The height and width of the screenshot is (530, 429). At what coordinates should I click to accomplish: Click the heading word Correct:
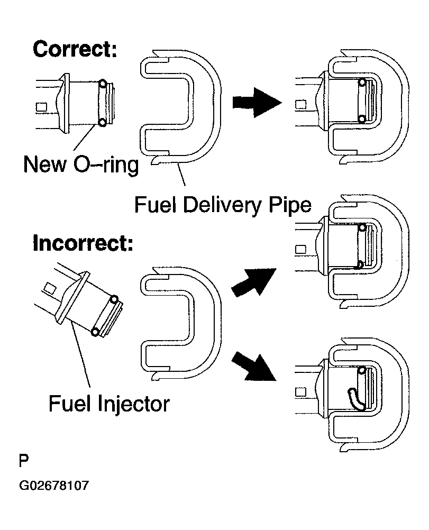tap(75, 49)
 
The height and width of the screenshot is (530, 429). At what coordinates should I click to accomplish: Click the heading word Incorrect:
tap(83, 243)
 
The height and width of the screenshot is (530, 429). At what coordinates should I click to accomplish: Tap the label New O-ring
tap(81, 165)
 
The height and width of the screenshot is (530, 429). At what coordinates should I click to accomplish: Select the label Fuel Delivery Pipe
tap(223, 205)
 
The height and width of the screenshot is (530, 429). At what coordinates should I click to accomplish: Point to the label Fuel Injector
tap(109, 404)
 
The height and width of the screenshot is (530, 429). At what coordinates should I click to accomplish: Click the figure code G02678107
tap(54, 486)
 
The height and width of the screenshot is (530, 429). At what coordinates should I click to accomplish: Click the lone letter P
tap(24, 461)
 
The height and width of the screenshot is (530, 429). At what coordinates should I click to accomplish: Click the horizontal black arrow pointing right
tap(257, 103)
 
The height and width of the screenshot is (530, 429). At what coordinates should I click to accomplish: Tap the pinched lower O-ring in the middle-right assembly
tap(361, 264)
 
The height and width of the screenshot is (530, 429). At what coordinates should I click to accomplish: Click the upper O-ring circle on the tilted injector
tap(114, 299)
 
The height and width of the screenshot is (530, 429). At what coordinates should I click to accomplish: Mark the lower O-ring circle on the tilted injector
tap(95, 332)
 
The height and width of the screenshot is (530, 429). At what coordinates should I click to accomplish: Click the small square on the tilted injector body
tap(51, 289)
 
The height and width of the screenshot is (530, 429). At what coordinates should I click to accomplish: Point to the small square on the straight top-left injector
tap(41, 107)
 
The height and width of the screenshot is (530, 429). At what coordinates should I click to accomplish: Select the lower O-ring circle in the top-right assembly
tap(362, 118)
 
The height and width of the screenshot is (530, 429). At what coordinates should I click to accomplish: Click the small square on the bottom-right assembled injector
tap(300, 392)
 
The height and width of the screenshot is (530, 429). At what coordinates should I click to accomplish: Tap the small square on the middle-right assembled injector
tap(300, 250)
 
